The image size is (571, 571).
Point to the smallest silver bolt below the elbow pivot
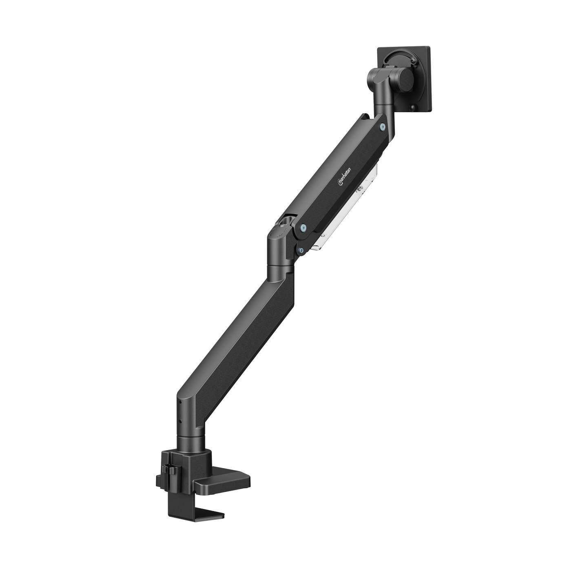click(x=301, y=251)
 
